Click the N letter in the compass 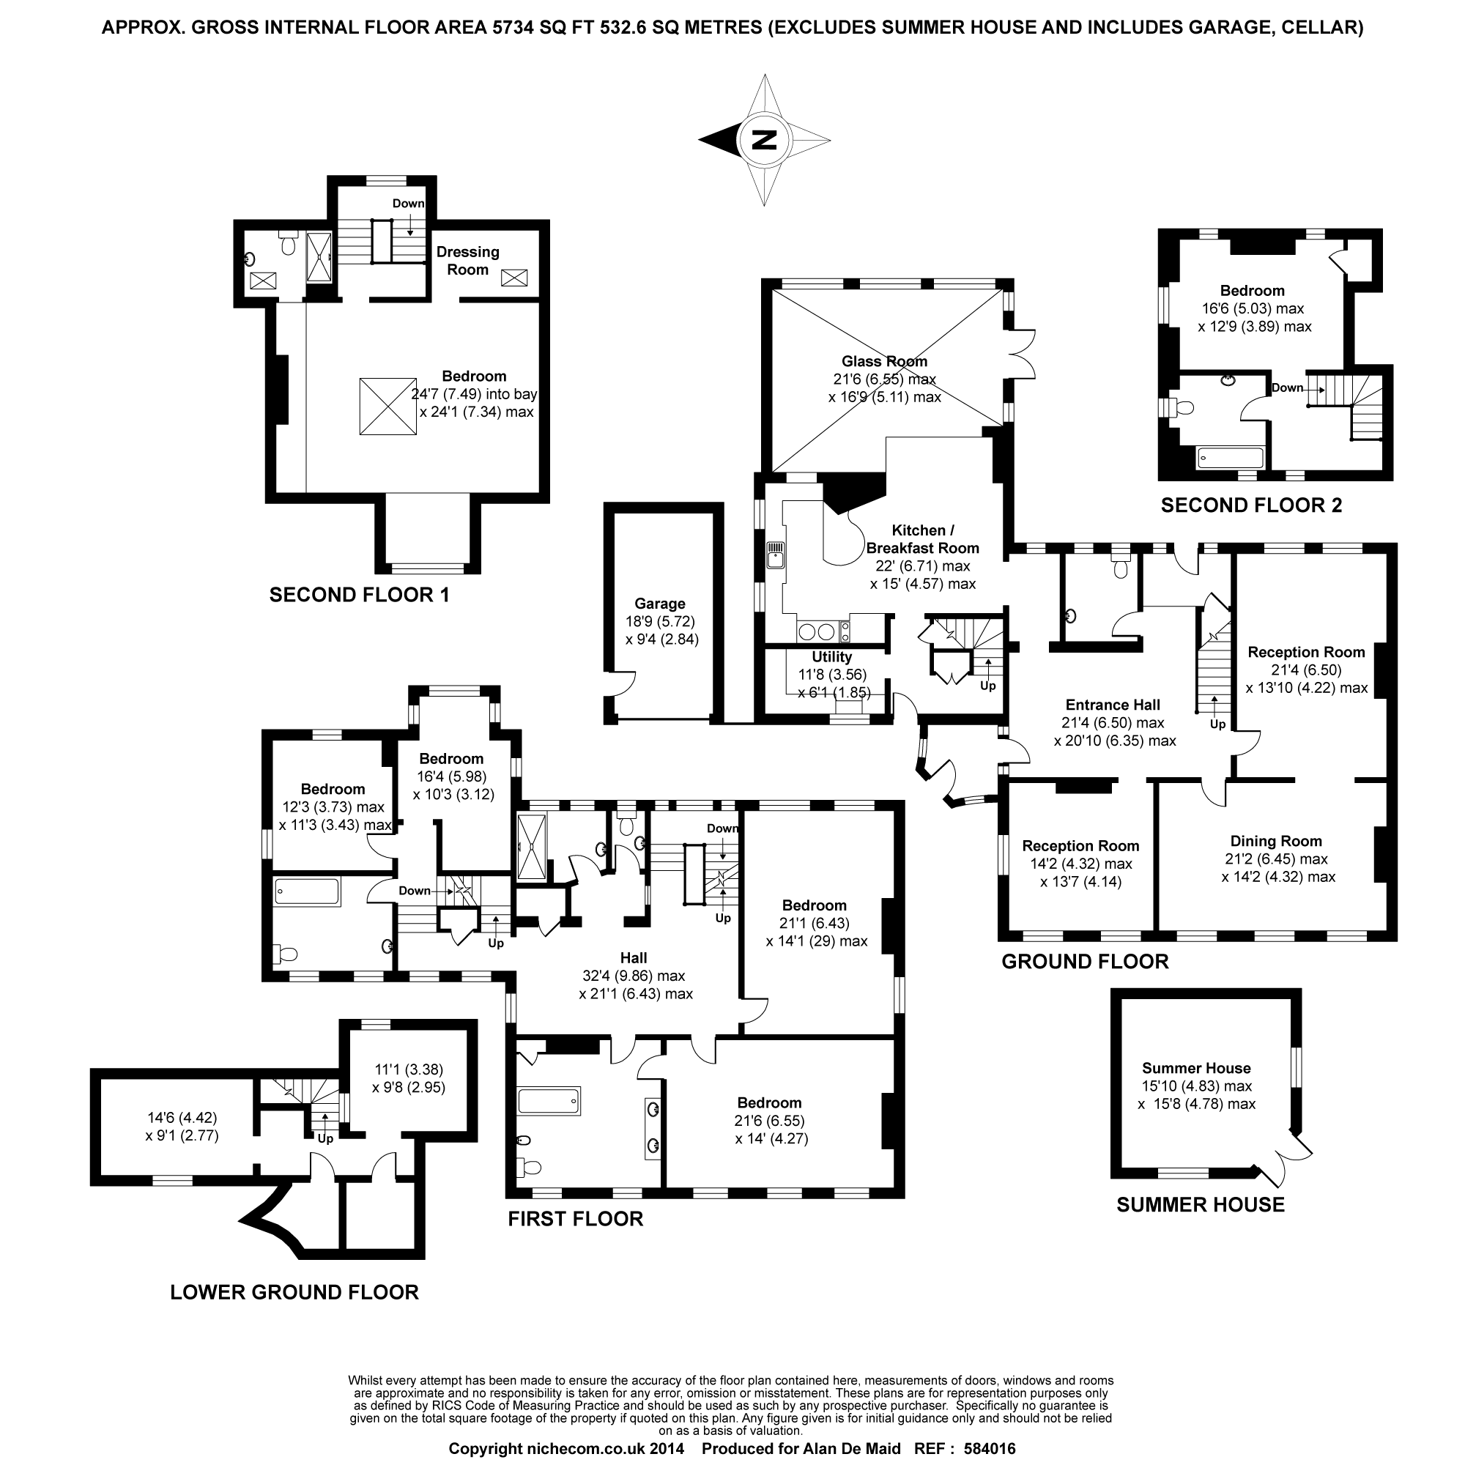[764, 141]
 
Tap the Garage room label [660, 604]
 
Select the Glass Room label [884, 362]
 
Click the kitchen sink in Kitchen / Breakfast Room [775, 555]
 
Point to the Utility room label [832, 656]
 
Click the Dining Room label [1275, 841]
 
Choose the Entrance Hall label [1113, 705]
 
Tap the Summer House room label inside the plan [1197, 1068]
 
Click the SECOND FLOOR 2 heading [1251, 505]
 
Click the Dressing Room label [468, 260]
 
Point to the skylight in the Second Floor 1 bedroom [387, 407]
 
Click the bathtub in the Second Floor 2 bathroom [1230, 457]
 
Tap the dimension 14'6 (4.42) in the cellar [182, 1118]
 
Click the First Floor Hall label [633, 957]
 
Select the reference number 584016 [989, 1449]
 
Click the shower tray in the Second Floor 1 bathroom [319, 256]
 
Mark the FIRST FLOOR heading [576, 1219]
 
